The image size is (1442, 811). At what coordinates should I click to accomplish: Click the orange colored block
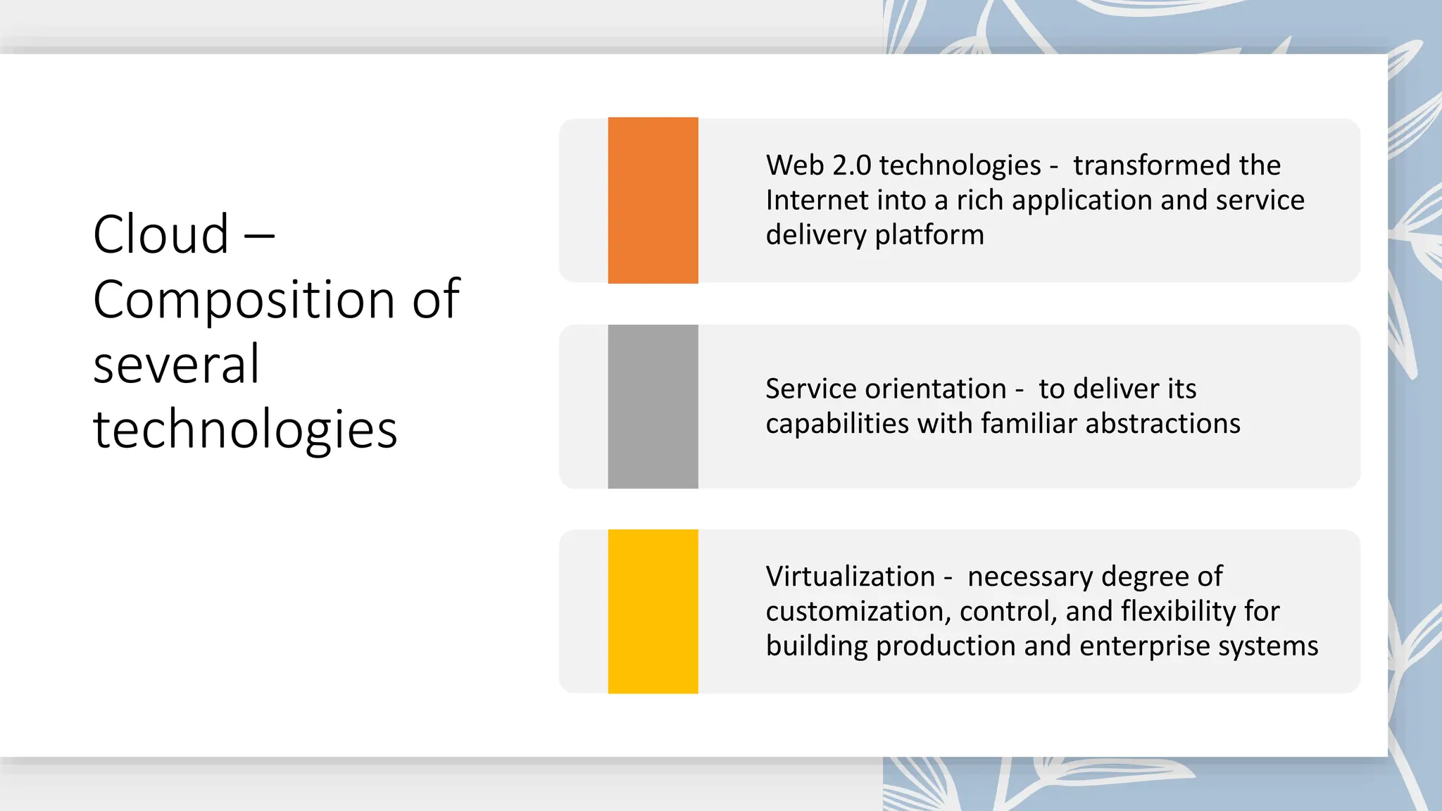pyautogui.click(x=653, y=200)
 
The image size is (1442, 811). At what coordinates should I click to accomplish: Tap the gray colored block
pyautogui.click(x=653, y=406)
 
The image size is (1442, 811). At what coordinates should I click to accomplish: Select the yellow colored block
pyautogui.click(x=653, y=611)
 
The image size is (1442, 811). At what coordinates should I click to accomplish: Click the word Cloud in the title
pyautogui.click(x=161, y=234)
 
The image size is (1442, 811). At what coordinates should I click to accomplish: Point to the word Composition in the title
pyautogui.click(x=244, y=300)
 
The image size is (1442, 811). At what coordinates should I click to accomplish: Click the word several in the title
pyautogui.click(x=176, y=364)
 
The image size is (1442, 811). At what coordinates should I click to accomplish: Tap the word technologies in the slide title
pyautogui.click(x=245, y=429)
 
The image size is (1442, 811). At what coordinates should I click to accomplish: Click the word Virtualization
pyautogui.click(x=850, y=577)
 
